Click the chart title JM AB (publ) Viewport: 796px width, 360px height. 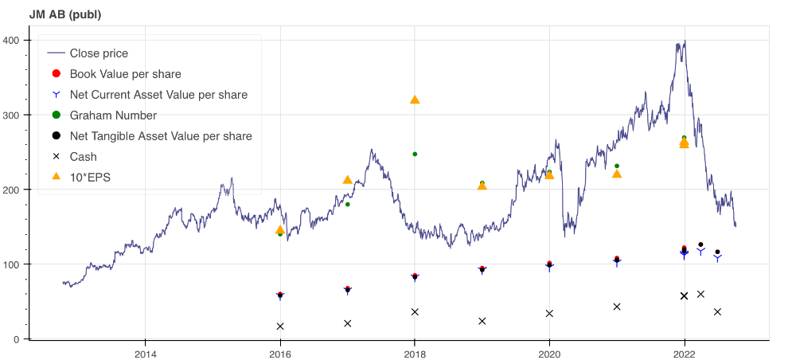(x=65, y=14)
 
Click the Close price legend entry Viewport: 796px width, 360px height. (x=99, y=53)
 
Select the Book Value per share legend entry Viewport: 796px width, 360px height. (x=125, y=74)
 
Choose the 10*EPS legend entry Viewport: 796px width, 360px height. (x=90, y=178)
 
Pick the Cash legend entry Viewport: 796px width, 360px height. (x=84, y=157)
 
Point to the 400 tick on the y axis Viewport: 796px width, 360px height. (x=15, y=40)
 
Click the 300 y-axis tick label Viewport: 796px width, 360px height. (x=15, y=115)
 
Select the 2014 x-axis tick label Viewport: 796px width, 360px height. (x=145, y=353)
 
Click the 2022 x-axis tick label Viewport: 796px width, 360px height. (x=684, y=353)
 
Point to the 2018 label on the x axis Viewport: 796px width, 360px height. (x=414, y=353)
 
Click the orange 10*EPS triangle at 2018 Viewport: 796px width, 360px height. (x=415, y=100)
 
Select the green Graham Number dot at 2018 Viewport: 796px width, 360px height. (x=415, y=154)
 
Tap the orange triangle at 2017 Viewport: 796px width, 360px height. (x=347, y=180)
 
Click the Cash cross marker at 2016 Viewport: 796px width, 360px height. (x=280, y=327)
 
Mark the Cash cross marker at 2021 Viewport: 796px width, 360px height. (x=617, y=307)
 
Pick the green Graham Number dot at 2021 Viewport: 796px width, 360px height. (x=617, y=166)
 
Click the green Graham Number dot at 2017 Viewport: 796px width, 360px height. (x=347, y=205)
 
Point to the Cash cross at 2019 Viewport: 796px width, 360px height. (x=482, y=321)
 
